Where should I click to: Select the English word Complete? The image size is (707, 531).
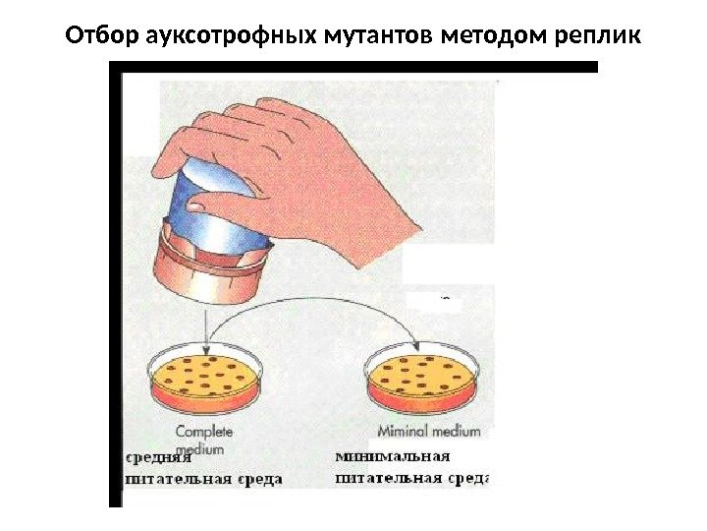(x=200, y=431)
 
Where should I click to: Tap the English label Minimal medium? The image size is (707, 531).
(x=429, y=431)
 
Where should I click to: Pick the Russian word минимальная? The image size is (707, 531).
(x=393, y=456)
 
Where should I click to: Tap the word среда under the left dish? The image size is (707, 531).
(x=258, y=479)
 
